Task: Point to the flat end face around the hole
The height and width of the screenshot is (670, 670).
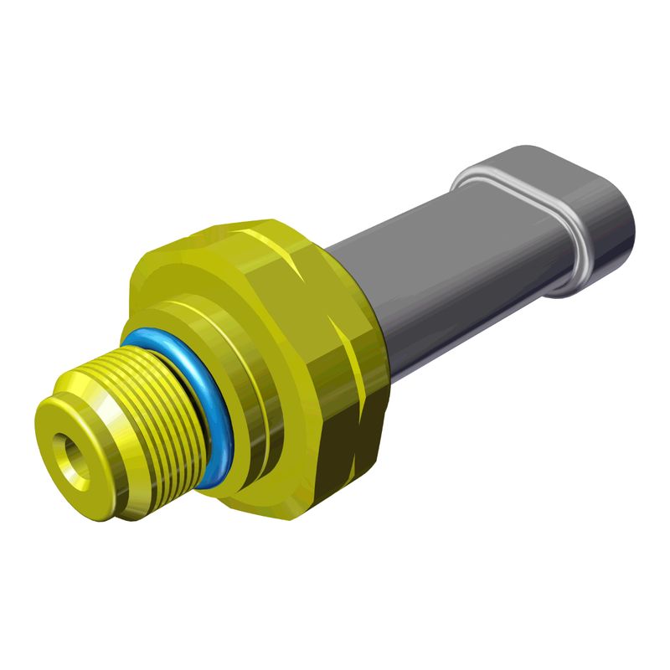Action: (x=57, y=435)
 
